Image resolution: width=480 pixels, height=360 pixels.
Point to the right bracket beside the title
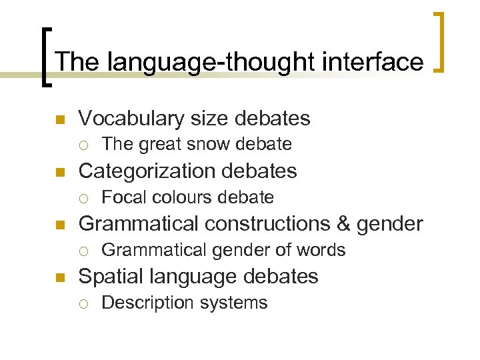[x=441, y=41]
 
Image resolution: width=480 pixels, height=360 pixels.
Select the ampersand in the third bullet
[x=347, y=224]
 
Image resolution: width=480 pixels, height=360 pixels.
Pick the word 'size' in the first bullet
[x=208, y=119]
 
